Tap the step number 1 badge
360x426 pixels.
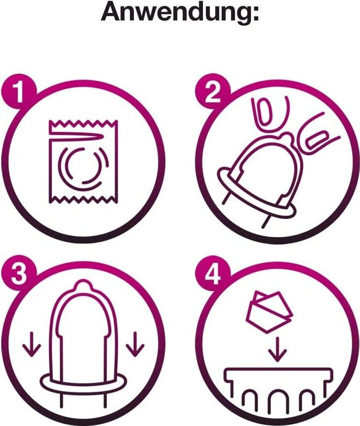click(x=19, y=93)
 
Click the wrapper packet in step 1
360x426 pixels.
click(x=84, y=161)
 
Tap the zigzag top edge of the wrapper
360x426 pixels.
click(x=84, y=123)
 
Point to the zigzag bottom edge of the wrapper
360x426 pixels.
click(x=84, y=200)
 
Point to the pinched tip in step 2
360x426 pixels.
click(x=287, y=136)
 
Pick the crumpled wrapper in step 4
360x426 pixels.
click(x=267, y=312)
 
